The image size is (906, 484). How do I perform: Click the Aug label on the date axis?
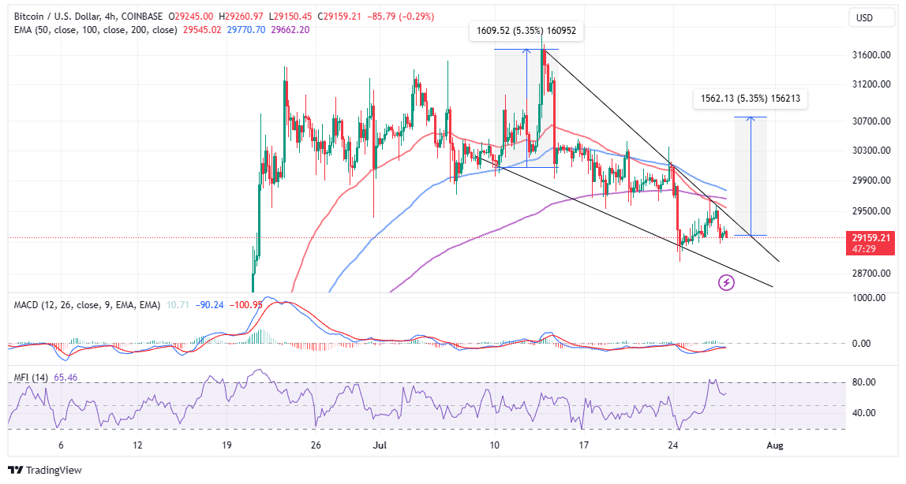pos(775,445)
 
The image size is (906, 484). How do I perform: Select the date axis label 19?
pos(226,445)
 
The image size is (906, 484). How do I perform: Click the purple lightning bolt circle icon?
pos(727,282)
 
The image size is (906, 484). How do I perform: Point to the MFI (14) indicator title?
pos(31,378)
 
